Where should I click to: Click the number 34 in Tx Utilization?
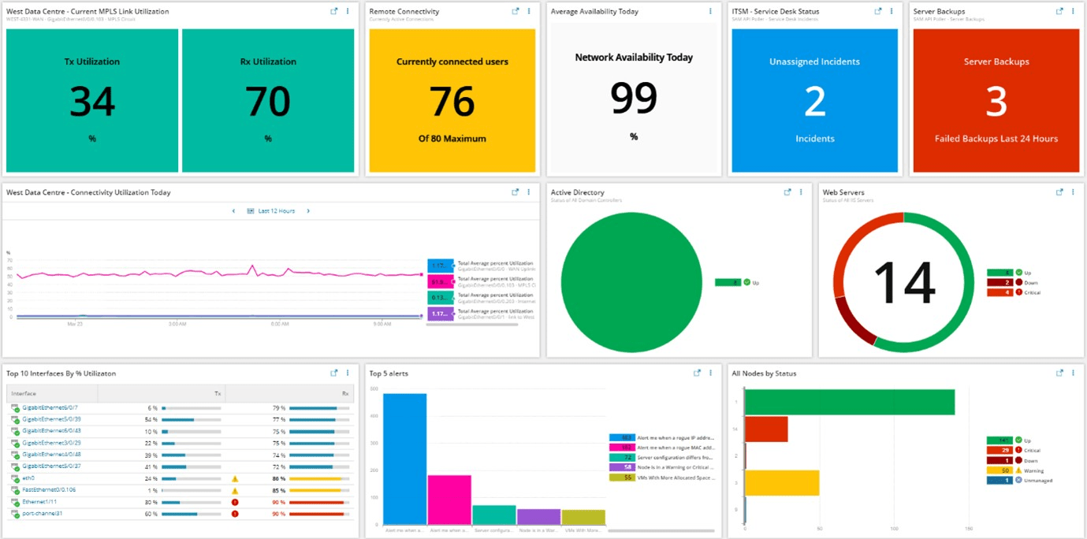click(92, 102)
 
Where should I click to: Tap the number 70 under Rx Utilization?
click(267, 102)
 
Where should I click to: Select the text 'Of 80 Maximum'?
click(452, 139)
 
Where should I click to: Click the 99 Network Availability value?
click(634, 99)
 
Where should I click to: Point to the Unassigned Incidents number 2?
click(814, 102)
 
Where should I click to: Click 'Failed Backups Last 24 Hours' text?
click(996, 139)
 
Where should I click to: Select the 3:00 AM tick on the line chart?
click(177, 323)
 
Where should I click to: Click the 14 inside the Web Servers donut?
click(904, 282)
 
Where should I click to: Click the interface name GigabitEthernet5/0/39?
click(51, 419)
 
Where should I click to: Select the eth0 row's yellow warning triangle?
click(235, 478)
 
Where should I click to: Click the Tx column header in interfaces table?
click(218, 393)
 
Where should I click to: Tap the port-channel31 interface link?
click(42, 513)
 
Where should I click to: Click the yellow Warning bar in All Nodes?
click(782, 482)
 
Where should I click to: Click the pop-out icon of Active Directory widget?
click(787, 192)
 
